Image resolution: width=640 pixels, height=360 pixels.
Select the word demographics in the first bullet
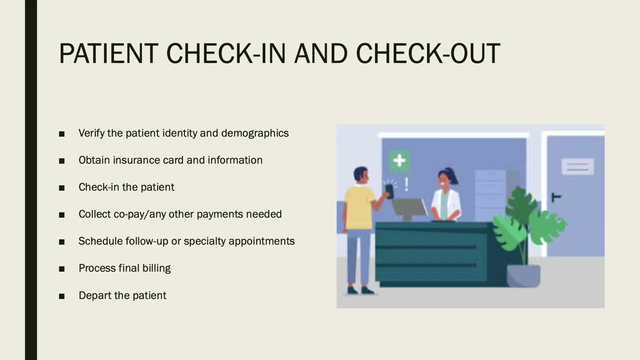coord(255,133)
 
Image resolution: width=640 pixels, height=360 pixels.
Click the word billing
coord(156,268)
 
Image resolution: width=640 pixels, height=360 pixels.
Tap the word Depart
coord(94,295)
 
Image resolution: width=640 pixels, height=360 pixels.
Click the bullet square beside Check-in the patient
coord(61,187)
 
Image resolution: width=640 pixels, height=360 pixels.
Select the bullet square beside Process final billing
coord(61,268)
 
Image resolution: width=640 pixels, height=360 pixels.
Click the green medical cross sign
coord(399,160)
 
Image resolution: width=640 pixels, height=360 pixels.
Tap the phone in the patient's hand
coord(389,190)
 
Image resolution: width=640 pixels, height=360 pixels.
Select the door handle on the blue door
coord(555,197)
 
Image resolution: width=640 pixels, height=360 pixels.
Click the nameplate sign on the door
coord(577,166)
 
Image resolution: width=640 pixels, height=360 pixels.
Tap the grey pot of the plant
coord(523,275)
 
